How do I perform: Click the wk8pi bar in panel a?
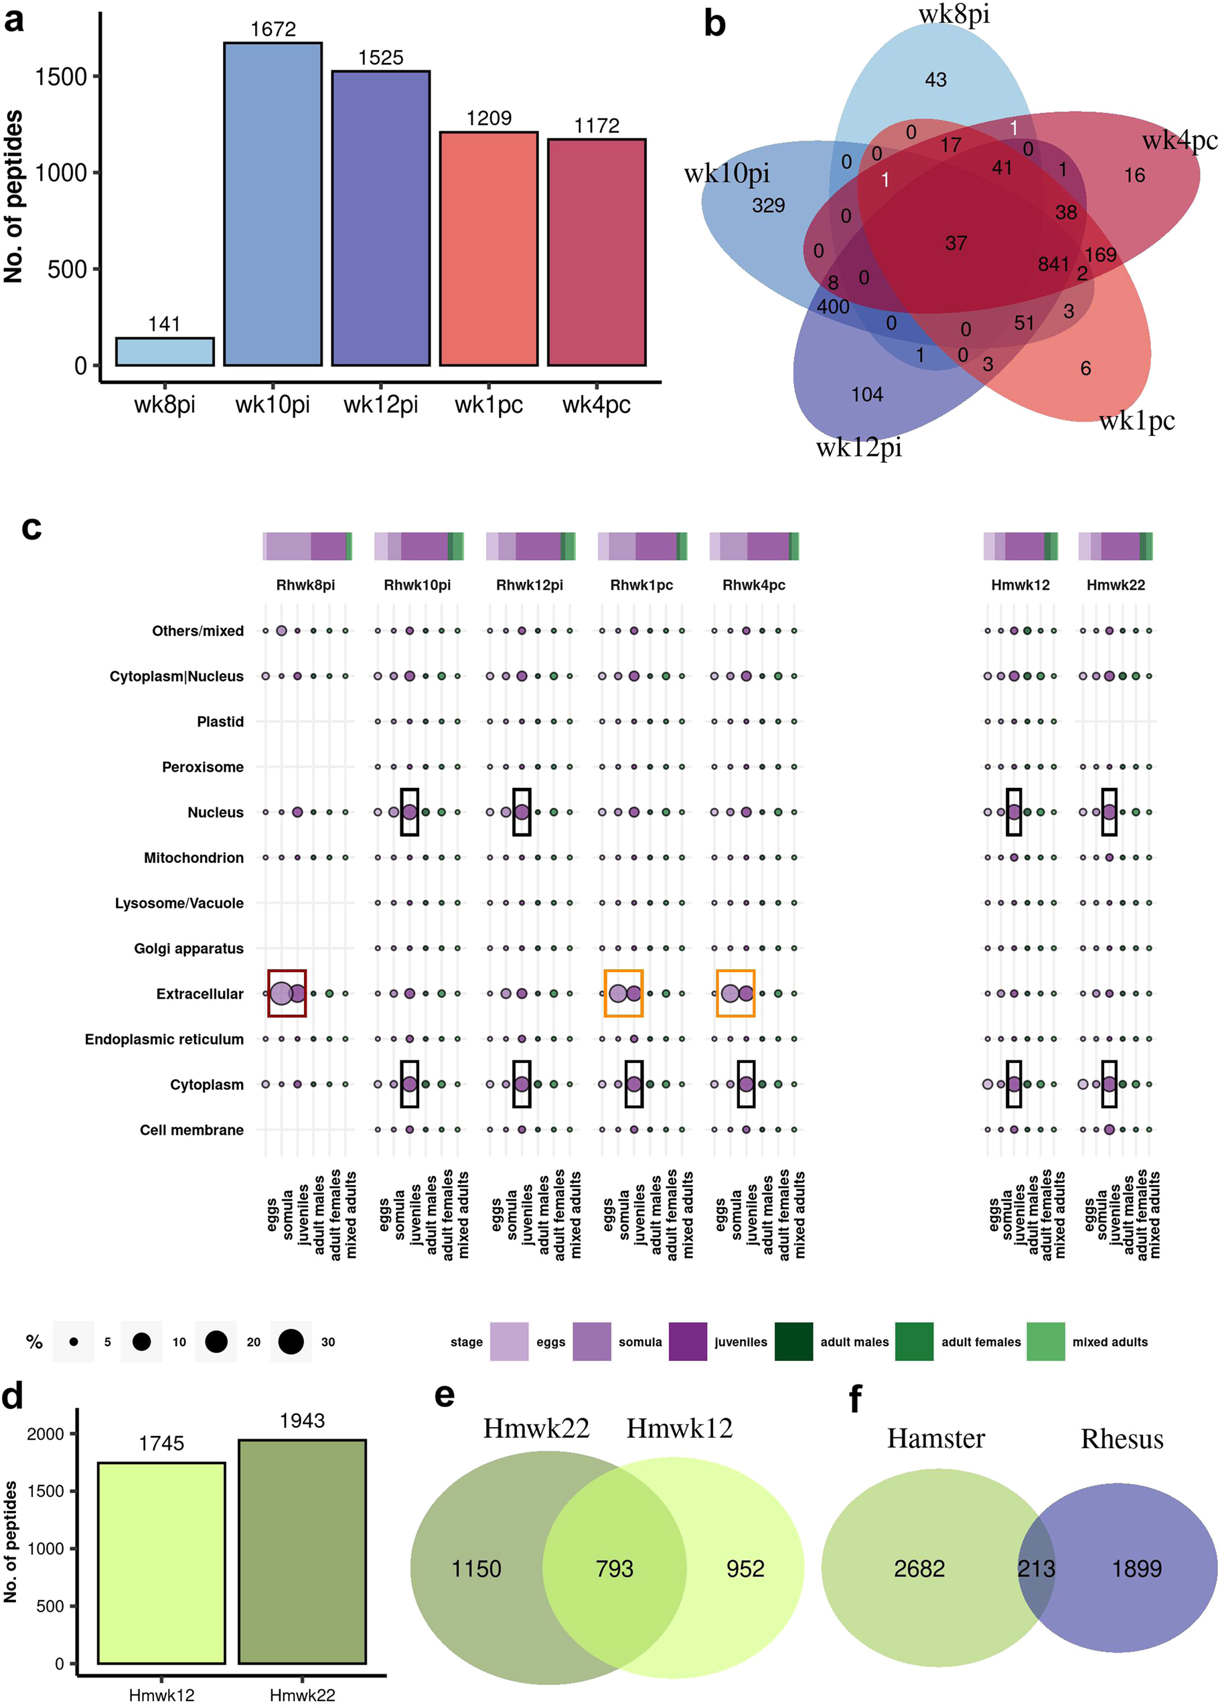(x=165, y=351)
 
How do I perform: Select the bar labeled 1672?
(x=273, y=204)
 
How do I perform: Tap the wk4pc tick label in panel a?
(x=597, y=405)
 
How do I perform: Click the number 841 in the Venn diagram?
(x=1053, y=264)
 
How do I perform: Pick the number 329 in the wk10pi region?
(x=769, y=205)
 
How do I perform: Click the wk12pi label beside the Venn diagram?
(x=858, y=448)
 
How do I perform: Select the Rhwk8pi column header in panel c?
(x=305, y=585)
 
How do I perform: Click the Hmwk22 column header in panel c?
(x=1116, y=585)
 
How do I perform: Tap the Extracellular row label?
(x=200, y=993)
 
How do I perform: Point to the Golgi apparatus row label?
(x=189, y=949)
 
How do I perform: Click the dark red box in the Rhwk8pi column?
(x=287, y=993)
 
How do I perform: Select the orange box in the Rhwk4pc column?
(x=735, y=993)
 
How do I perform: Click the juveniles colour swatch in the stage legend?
(x=688, y=1342)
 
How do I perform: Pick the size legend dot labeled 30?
(x=291, y=1342)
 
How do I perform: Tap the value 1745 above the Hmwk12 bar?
(x=161, y=1443)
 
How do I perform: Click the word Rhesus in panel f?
(x=1122, y=1439)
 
